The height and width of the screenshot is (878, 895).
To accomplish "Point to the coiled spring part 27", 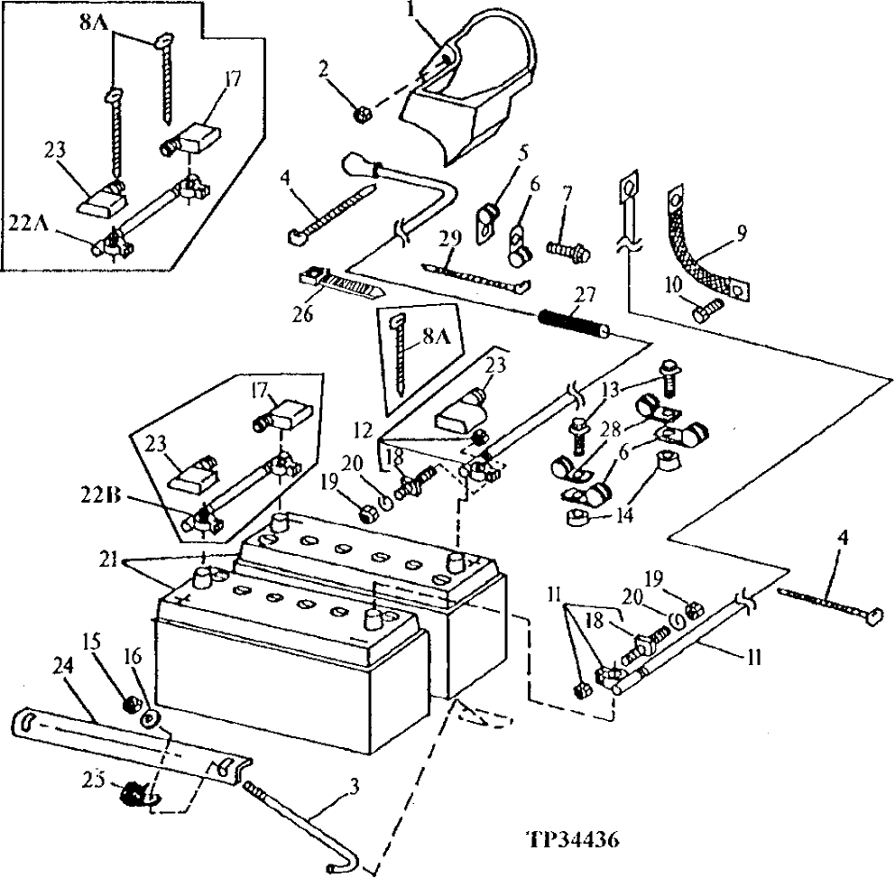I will pos(574,323).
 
